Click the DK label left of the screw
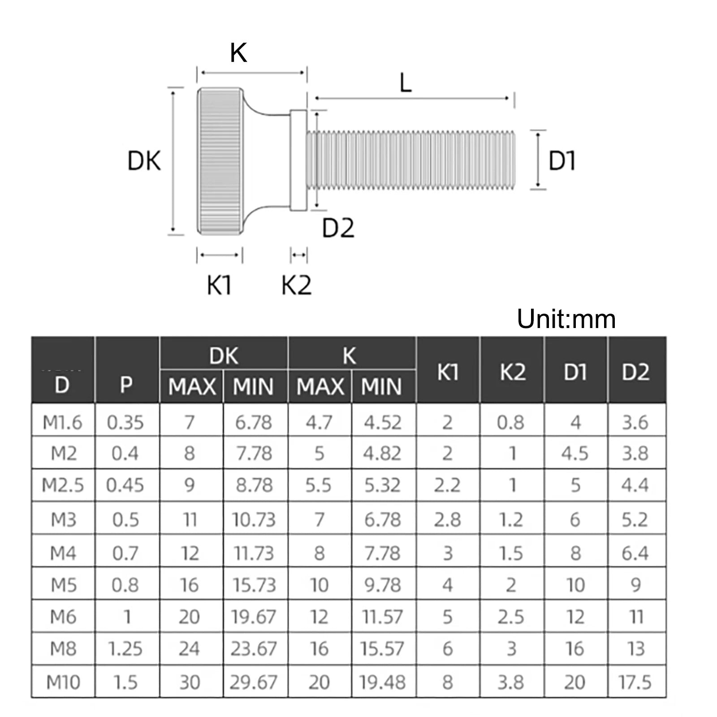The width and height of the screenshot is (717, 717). point(144,161)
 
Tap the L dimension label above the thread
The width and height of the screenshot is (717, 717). point(406,83)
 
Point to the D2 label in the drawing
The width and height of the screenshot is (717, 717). point(338,228)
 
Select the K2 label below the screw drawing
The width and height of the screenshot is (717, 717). point(296,285)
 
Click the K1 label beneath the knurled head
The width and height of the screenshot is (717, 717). point(219,285)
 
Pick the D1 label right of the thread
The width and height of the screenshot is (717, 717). point(562,161)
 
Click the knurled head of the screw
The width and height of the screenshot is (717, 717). point(221,160)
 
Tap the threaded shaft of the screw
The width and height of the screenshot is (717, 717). point(410,160)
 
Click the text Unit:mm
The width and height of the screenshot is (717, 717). point(566,319)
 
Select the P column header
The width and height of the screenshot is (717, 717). point(126,385)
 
